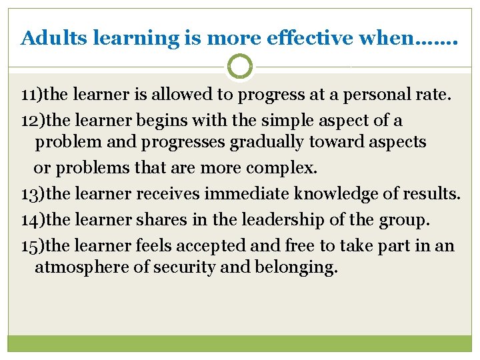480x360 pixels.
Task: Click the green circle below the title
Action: pyautogui.click(x=240, y=67)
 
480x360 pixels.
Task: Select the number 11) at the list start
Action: pyautogui.click(x=31, y=95)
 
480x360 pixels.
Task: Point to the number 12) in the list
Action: pyautogui.click(x=33, y=121)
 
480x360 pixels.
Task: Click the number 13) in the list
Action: pyautogui.click(x=33, y=194)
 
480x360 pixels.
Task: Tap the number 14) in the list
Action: pyautogui.click(x=33, y=220)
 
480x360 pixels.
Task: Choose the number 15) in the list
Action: pyautogui.click(x=33, y=246)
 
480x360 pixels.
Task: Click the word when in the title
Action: pyautogui.click(x=389, y=38)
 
